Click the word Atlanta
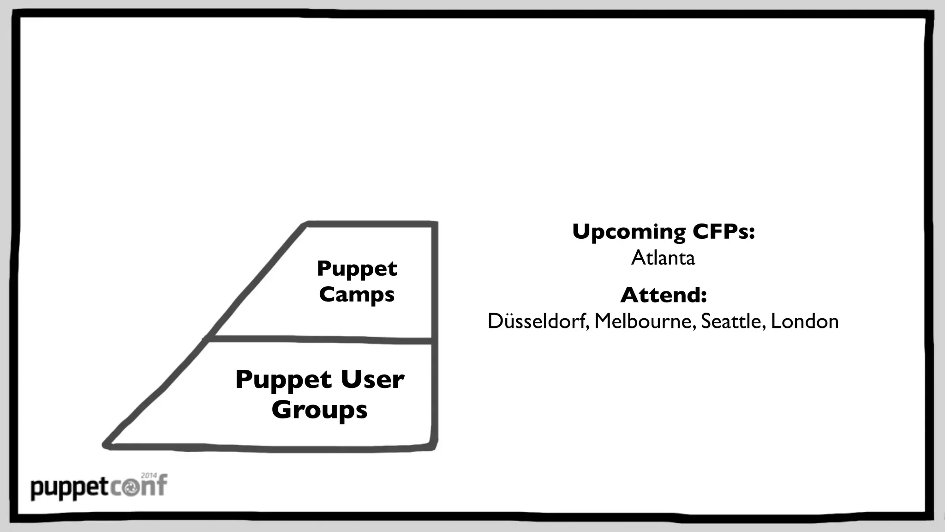click(x=663, y=258)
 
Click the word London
click(x=805, y=321)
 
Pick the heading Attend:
click(x=663, y=295)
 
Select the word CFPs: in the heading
click(x=724, y=231)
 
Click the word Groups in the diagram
click(x=319, y=410)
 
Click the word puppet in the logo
click(x=69, y=489)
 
